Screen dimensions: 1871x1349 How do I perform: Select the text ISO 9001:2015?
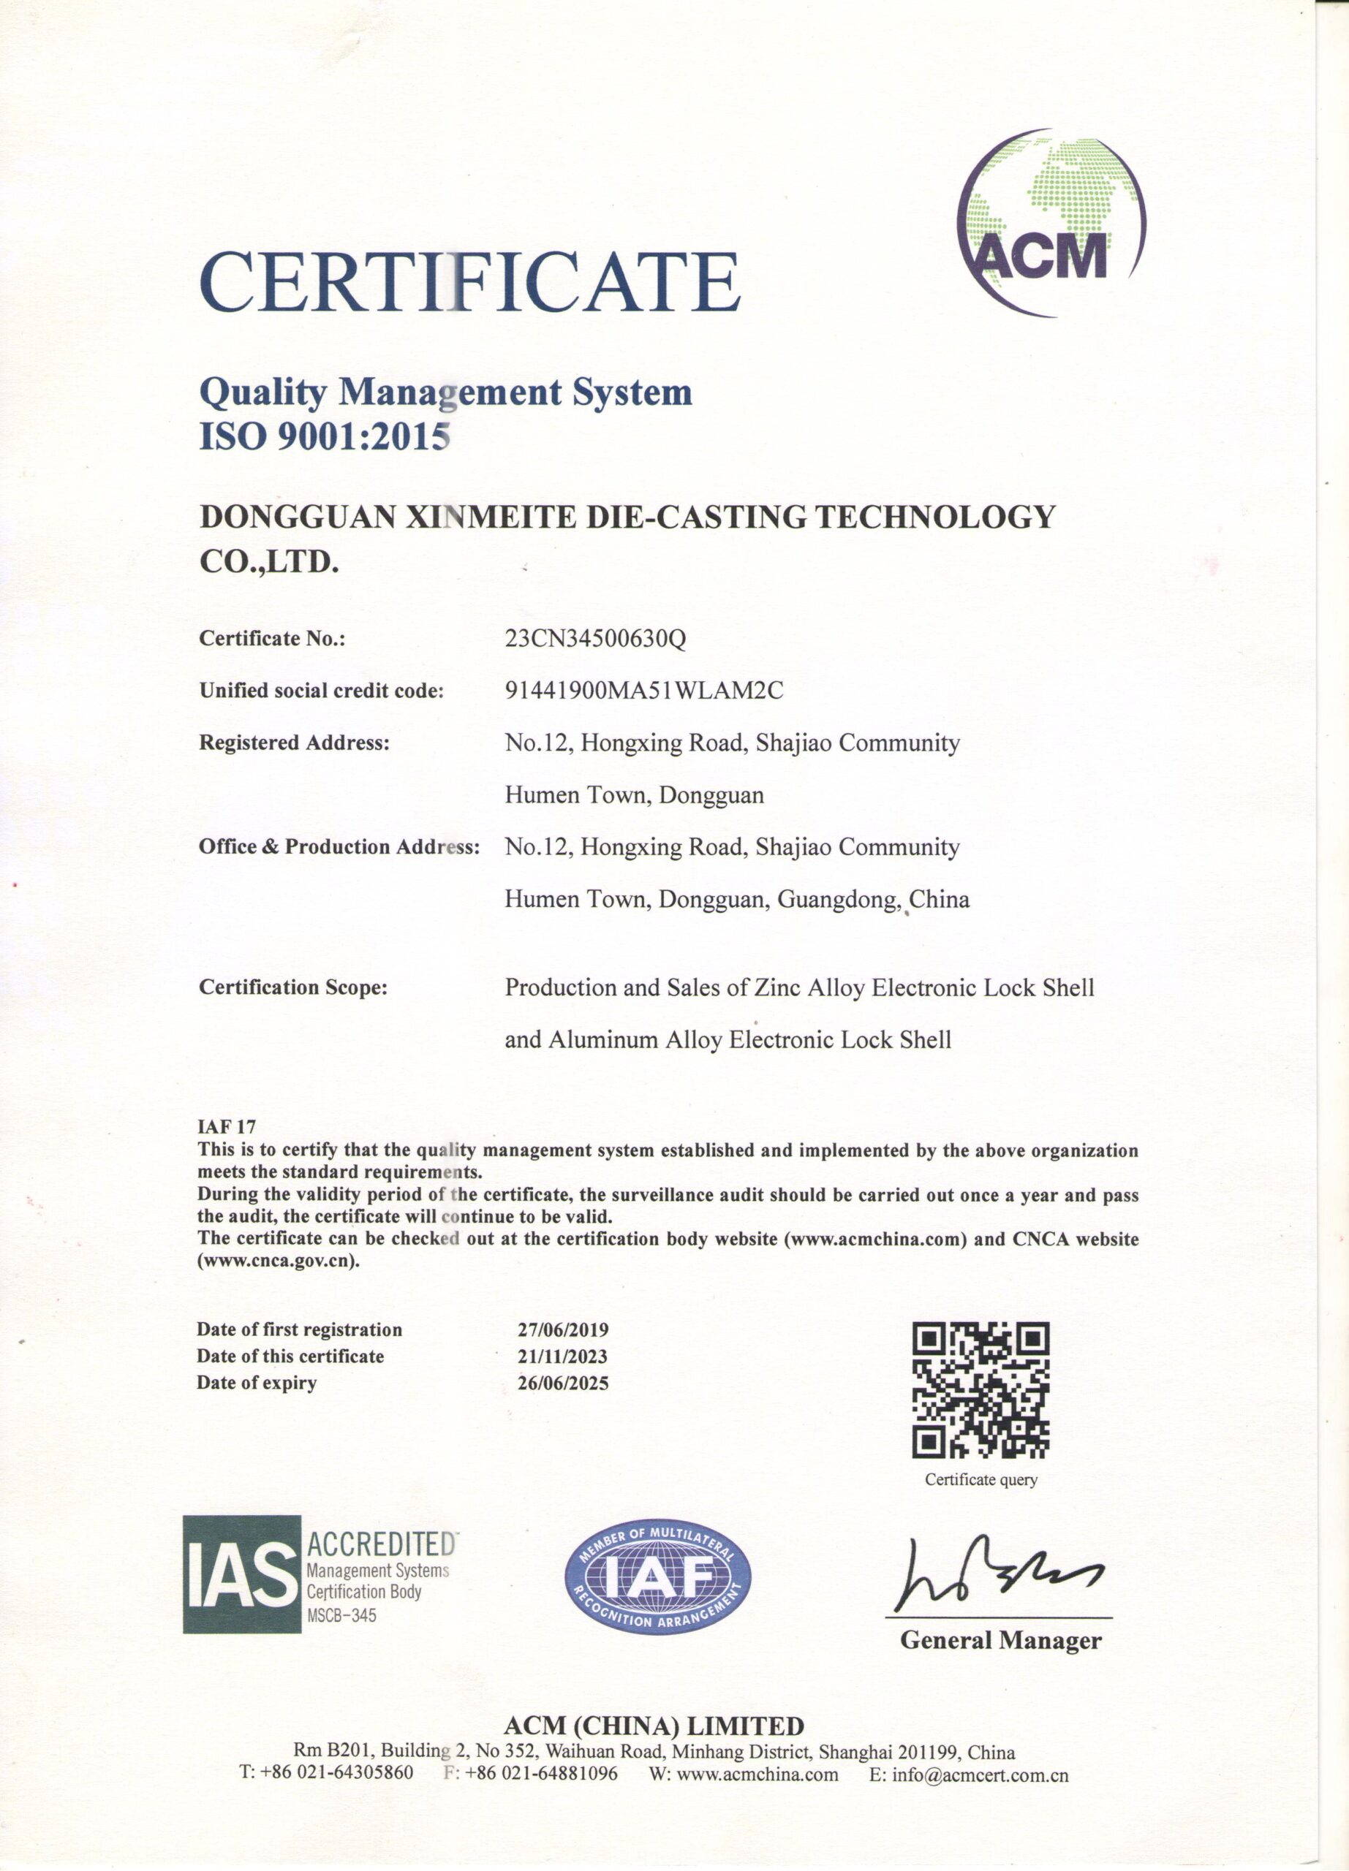click(x=324, y=436)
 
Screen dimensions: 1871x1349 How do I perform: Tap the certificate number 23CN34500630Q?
click(x=595, y=639)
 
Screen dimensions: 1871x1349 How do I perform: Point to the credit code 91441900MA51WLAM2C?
click(x=643, y=691)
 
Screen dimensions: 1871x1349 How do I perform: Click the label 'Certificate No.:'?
click(x=272, y=639)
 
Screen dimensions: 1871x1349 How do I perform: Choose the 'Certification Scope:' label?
click(x=293, y=987)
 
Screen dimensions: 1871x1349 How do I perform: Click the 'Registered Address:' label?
click(x=294, y=743)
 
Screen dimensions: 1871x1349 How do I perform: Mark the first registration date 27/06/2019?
click(x=563, y=1330)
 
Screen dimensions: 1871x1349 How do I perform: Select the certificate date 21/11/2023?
click(x=563, y=1356)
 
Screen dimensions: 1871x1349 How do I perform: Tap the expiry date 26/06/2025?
click(x=563, y=1383)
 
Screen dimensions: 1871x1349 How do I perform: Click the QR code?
click(x=980, y=1390)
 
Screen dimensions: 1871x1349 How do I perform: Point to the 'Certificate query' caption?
click(x=981, y=1479)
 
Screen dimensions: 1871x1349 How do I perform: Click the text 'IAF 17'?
click(x=226, y=1127)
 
